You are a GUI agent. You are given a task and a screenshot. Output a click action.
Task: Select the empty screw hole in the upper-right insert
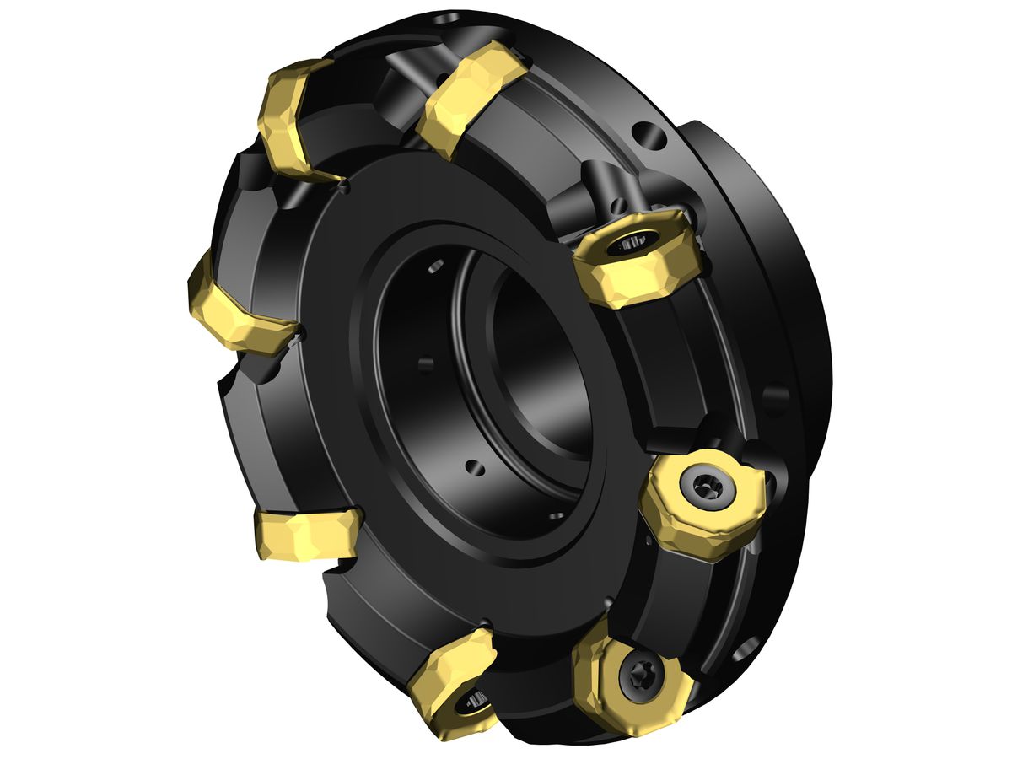[x=628, y=243]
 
